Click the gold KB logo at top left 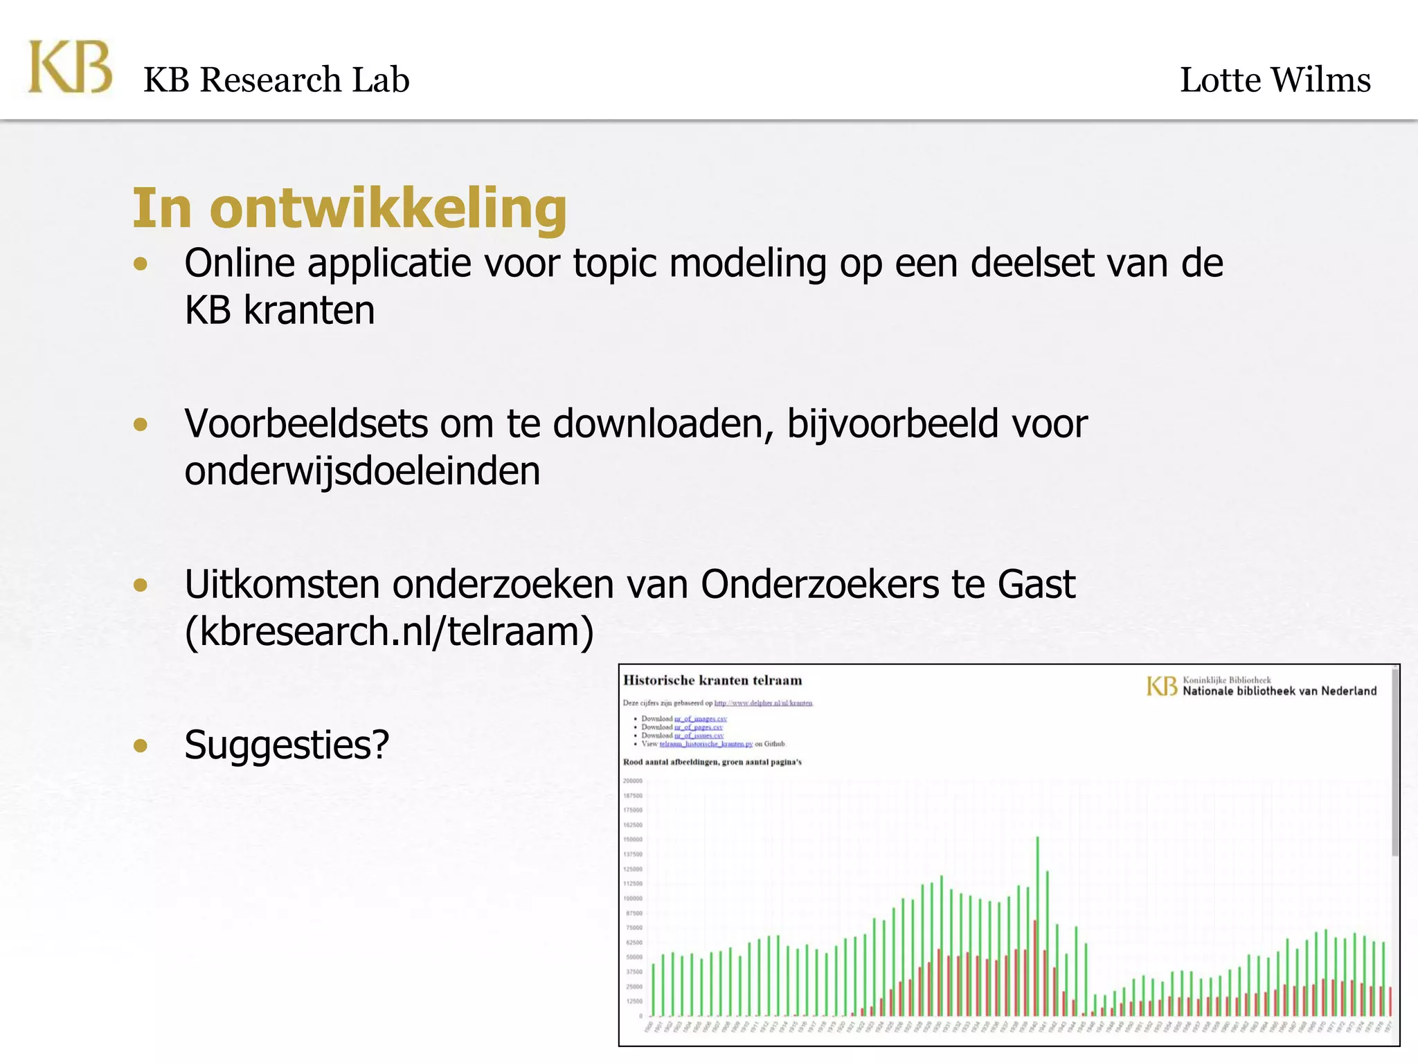[69, 67]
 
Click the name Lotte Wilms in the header [1275, 80]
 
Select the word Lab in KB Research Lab [381, 80]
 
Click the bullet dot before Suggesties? [141, 745]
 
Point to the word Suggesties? [287, 745]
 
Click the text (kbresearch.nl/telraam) [389, 631]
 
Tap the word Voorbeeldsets [306, 424]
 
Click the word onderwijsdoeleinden [362, 471]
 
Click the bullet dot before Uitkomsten [141, 585]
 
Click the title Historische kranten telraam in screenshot [712, 680]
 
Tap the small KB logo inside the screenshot [1161, 686]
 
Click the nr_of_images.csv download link [701, 719]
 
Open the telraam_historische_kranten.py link [706, 744]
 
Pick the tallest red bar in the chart [1034, 969]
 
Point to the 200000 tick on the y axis [633, 781]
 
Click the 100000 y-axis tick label [633, 898]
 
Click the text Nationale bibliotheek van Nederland [1280, 691]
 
